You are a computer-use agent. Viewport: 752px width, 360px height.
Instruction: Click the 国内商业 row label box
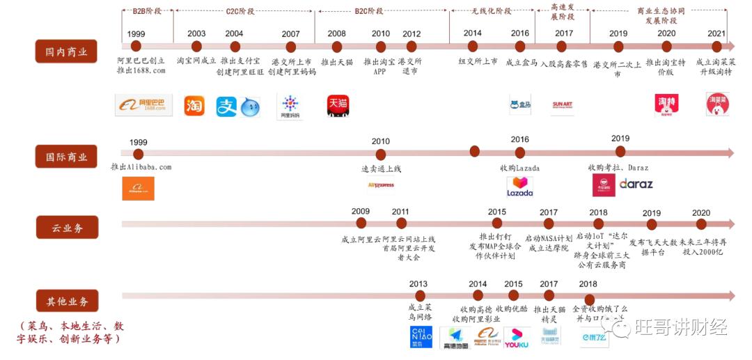click(x=66, y=51)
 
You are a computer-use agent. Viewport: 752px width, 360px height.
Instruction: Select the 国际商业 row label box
click(x=66, y=157)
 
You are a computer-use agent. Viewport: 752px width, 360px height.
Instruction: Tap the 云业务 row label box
click(x=66, y=227)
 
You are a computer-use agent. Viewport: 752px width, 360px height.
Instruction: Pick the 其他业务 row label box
click(x=67, y=302)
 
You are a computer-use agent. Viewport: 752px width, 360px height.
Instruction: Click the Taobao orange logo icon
click(x=194, y=106)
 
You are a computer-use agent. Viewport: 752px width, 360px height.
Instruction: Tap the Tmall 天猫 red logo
click(x=338, y=106)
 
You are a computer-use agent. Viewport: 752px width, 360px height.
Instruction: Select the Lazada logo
click(x=519, y=187)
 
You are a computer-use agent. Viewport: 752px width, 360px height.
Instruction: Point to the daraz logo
click(x=636, y=185)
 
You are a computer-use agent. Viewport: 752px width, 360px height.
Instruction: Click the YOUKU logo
click(x=517, y=337)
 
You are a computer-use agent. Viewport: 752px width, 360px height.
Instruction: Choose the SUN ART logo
click(x=562, y=106)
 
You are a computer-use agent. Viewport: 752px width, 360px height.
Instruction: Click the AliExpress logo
click(x=381, y=185)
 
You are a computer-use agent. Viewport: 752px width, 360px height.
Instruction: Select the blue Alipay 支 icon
click(x=226, y=107)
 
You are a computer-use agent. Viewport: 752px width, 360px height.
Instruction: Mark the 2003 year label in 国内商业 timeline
click(x=196, y=33)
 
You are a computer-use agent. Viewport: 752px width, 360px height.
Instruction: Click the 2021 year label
click(x=716, y=33)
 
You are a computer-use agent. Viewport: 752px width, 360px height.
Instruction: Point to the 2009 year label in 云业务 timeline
click(x=361, y=212)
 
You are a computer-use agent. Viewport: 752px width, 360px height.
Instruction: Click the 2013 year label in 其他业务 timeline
click(x=418, y=284)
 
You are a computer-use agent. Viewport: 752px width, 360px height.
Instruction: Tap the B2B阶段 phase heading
click(x=146, y=11)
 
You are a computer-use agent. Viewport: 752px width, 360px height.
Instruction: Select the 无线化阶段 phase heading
click(x=491, y=11)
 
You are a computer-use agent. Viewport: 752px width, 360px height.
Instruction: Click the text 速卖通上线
click(x=381, y=169)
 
